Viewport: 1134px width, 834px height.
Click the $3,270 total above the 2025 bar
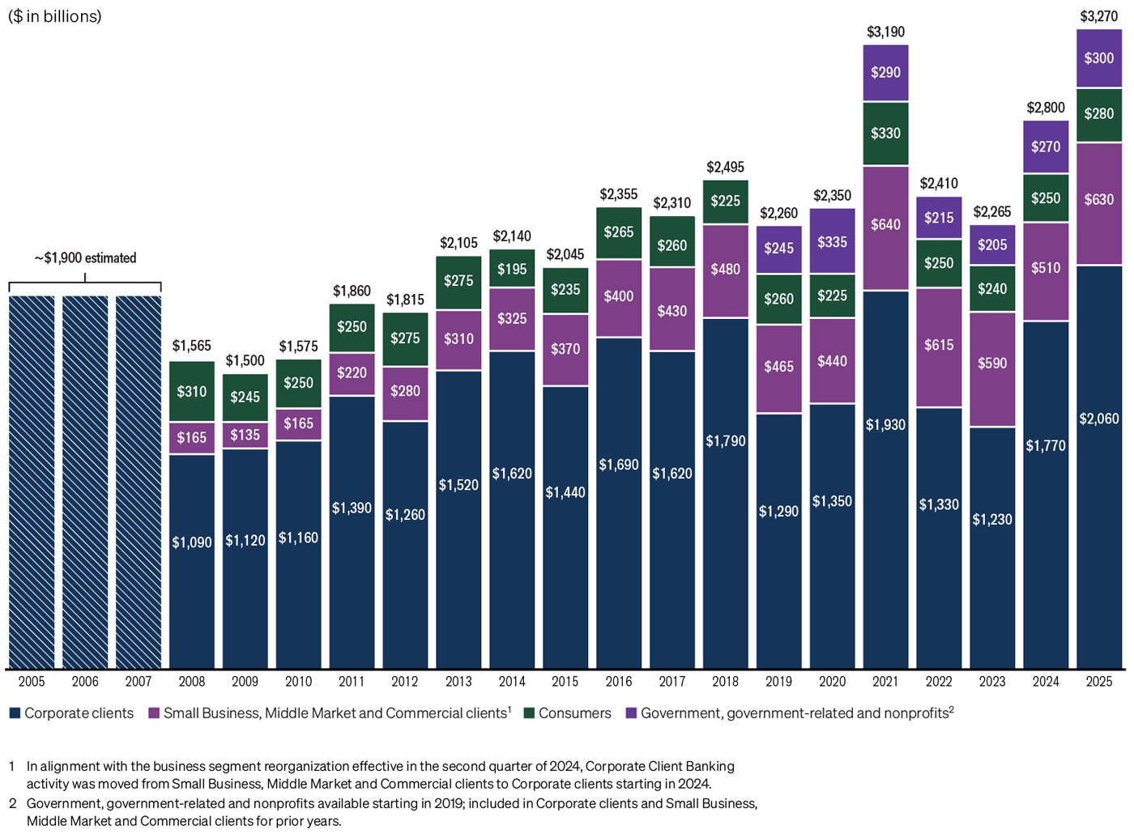(1098, 16)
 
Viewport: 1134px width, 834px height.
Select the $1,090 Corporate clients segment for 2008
(192, 543)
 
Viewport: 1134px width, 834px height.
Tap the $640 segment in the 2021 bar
(885, 225)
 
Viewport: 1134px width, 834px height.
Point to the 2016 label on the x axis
(618, 682)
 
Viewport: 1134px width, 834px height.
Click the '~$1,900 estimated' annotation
(85, 258)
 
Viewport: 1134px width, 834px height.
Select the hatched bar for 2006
(85, 482)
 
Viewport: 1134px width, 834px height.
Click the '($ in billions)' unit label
(55, 17)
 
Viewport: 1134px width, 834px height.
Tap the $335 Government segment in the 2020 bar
(832, 242)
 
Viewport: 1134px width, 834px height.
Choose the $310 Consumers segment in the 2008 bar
(192, 392)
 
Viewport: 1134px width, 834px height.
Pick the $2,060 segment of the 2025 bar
(1098, 419)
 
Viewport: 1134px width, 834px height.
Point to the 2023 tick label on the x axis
(991, 682)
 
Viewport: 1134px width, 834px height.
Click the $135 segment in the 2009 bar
(245, 436)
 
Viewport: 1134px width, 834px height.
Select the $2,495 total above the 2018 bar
(725, 168)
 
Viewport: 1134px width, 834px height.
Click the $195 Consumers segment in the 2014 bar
(512, 270)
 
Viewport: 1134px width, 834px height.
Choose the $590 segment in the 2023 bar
(991, 364)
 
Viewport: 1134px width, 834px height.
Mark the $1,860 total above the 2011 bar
(352, 291)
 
